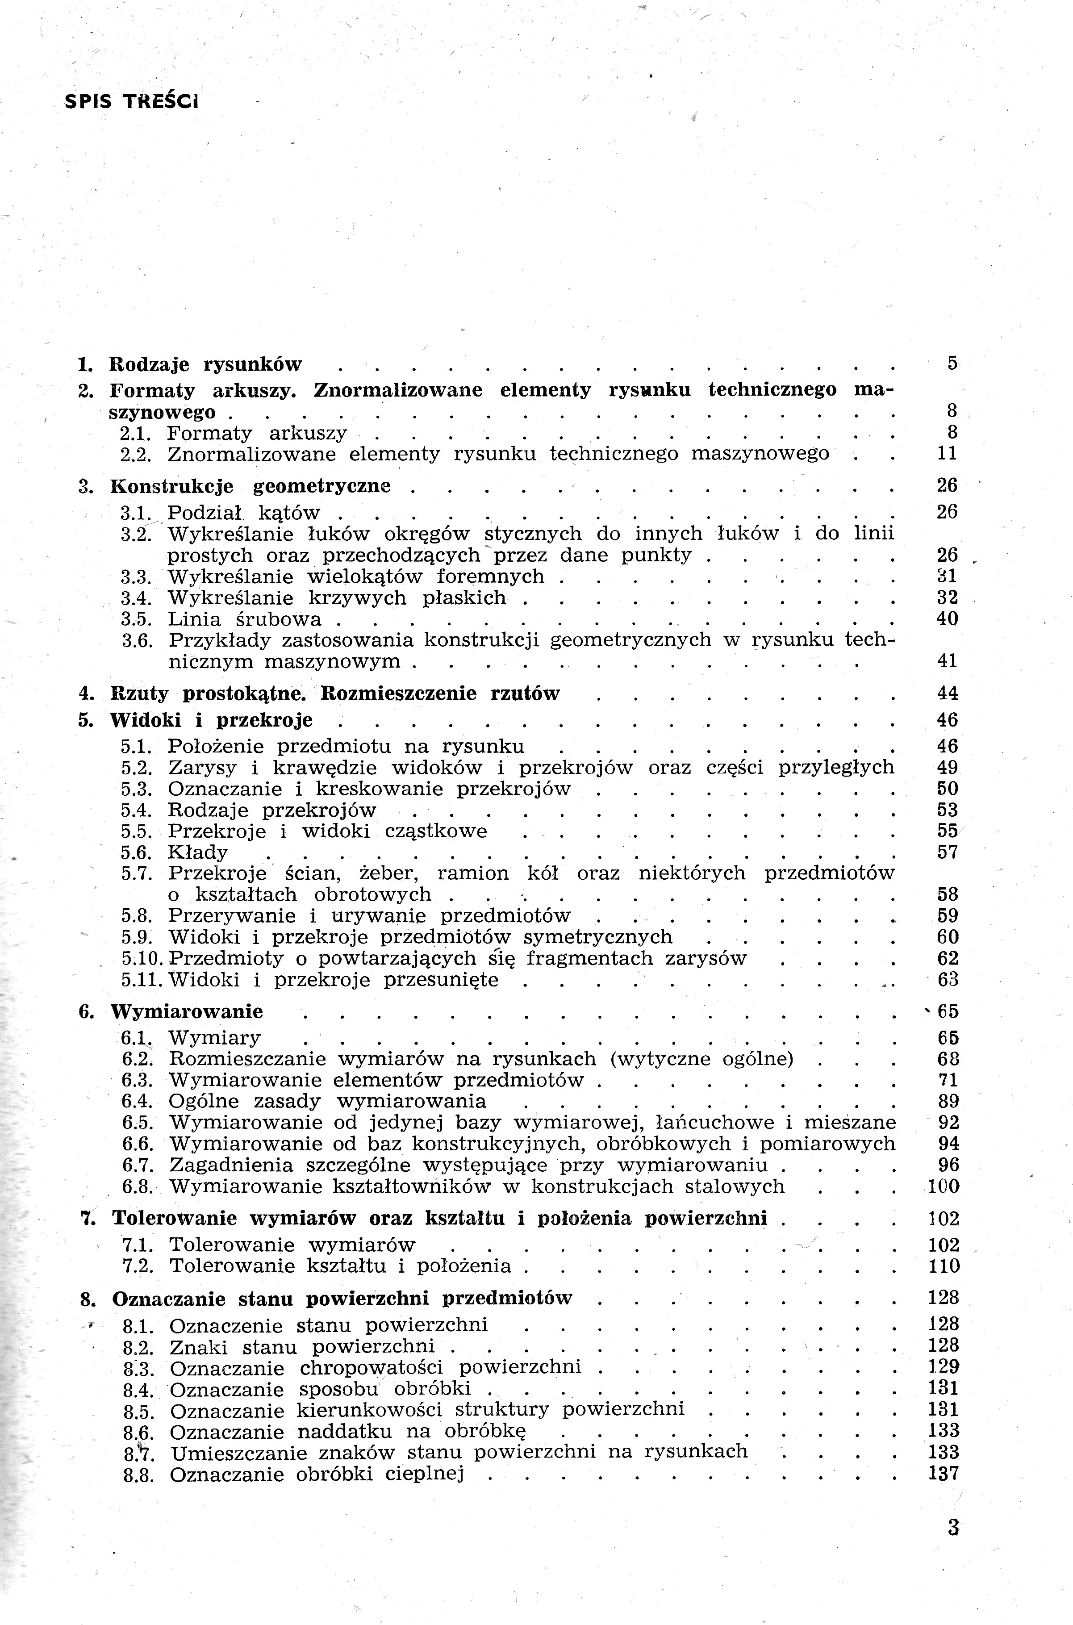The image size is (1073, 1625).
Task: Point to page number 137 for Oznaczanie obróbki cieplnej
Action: [944, 1474]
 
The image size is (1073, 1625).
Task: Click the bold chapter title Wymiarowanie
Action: [187, 1011]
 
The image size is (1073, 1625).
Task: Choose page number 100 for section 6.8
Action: [944, 1186]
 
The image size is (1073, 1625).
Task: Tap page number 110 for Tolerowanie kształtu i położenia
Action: [944, 1266]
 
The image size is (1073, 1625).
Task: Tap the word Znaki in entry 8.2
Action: [198, 1347]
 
